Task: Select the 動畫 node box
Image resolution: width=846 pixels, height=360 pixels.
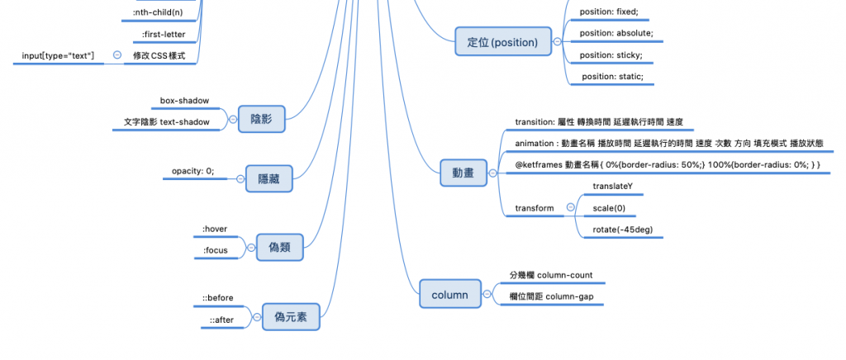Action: coord(463,174)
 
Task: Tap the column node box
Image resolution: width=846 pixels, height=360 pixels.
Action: coord(449,295)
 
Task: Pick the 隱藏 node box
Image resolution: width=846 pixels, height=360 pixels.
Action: coord(269,178)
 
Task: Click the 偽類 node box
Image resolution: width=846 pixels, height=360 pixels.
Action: coord(279,246)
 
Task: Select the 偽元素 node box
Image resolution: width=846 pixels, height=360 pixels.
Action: coord(290,316)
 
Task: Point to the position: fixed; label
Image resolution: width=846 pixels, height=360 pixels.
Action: coord(609,12)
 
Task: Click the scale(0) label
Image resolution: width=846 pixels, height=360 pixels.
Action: coord(609,208)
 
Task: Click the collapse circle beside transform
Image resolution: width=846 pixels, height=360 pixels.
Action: coord(570,208)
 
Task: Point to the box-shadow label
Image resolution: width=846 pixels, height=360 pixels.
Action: coord(184,101)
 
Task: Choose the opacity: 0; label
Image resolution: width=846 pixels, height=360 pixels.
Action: coord(193,171)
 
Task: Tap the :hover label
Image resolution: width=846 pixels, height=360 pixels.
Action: coord(215,229)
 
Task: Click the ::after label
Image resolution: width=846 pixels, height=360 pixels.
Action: coord(221,320)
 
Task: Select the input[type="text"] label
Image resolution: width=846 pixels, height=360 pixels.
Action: coord(58,55)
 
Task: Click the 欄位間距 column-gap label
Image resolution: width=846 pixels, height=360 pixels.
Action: coord(552,296)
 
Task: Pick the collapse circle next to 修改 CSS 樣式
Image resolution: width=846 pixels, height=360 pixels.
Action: coord(116,55)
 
